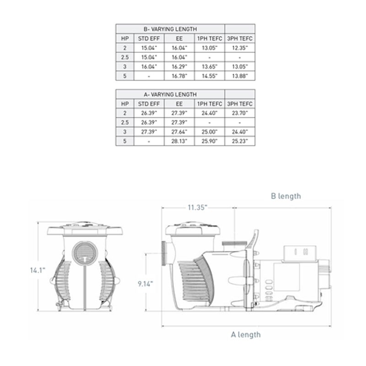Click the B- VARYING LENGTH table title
pyautogui.click(x=170, y=29)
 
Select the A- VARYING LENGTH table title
pyautogui.click(x=170, y=95)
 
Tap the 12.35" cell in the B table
pyautogui.click(x=240, y=48)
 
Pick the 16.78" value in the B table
pyautogui.click(x=179, y=76)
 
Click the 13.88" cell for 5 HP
pyautogui.click(x=240, y=76)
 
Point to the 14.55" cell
pyautogui.click(x=210, y=76)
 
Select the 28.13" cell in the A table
pyautogui.click(x=179, y=141)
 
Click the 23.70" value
pyautogui.click(x=240, y=113)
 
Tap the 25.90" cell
pyautogui.click(x=210, y=141)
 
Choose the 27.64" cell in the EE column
pyautogui.click(x=179, y=132)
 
